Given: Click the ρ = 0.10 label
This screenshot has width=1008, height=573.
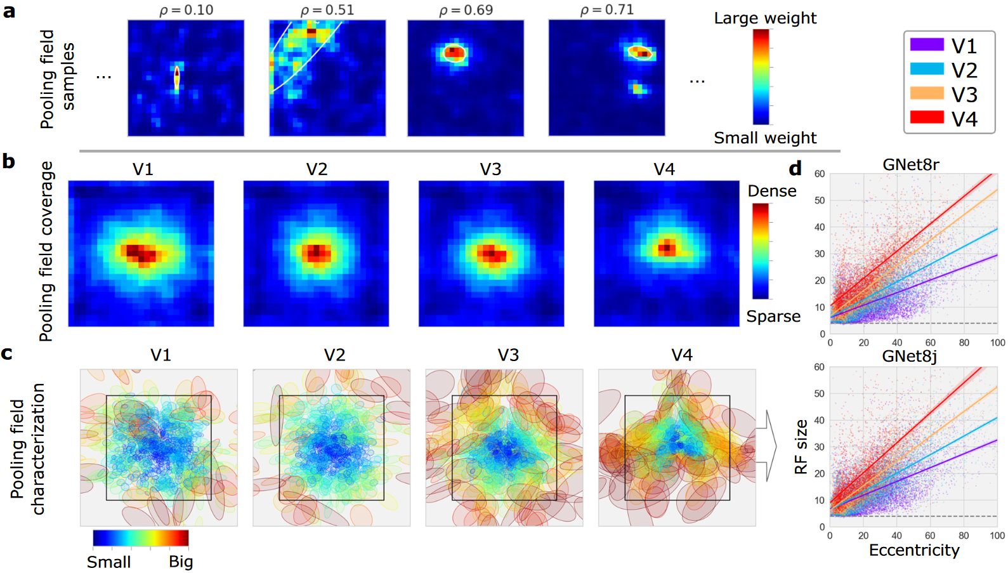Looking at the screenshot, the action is pyautogui.click(x=187, y=10).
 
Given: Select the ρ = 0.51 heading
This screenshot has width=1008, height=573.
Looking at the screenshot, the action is pyautogui.click(x=327, y=10).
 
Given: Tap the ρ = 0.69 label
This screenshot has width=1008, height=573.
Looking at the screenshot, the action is pyautogui.click(x=466, y=10).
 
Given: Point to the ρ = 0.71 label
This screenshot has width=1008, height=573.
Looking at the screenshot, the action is pyautogui.click(x=606, y=10).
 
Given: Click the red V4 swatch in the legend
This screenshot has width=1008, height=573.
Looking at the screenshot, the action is pyautogui.click(x=927, y=117).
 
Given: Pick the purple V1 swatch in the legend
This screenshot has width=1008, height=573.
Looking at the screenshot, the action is pyautogui.click(x=927, y=44).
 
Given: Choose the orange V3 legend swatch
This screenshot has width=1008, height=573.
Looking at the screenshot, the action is pyautogui.click(x=927, y=93).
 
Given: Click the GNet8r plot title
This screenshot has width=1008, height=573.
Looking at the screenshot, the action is pyautogui.click(x=910, y=165).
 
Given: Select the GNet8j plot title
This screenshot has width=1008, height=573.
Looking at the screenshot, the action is pyautogui.click(x=910, y=357).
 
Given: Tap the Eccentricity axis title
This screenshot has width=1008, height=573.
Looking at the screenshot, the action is pyautogui.click(x=914, y=550).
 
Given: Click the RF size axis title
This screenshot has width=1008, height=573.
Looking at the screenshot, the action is pyautogui.click(x=801, y=447).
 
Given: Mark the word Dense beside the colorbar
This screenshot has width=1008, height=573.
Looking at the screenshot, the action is pyautogui.click(x=772, y=191).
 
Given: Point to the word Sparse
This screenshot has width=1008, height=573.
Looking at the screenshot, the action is pyautogui.click(x=773, y=317).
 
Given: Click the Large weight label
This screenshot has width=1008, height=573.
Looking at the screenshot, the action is pyautogui.click(x=765, y=18).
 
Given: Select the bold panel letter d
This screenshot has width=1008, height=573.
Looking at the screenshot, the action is pyautogui.click(x=795, y=168).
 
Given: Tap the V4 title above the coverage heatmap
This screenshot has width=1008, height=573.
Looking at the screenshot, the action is pyautogui.click(x=664, y=169).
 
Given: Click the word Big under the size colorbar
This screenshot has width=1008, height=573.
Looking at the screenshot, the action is pyautogui.click(x=181, y=562).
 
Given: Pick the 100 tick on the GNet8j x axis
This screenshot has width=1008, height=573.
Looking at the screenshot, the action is pyautogui.click(x=998, y=536).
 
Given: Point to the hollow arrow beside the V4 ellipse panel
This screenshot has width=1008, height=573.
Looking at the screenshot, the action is pyautogui.click(x=767, y=446).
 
